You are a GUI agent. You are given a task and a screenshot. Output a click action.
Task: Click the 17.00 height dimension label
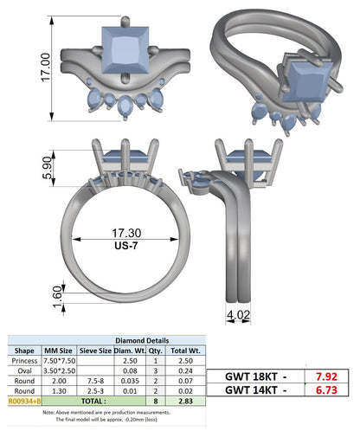click(x=46, y=68)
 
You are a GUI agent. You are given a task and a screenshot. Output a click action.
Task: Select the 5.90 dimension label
click(x=48, y=168)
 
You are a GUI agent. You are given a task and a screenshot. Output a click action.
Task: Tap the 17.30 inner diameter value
click(x=126, y=233)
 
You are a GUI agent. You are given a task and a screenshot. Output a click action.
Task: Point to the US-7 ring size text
click(x=126, y=246)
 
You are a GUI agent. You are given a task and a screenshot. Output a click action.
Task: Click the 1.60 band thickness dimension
click(x=57, y=297)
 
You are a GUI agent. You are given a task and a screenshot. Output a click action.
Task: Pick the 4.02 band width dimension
click(x=238, y=315)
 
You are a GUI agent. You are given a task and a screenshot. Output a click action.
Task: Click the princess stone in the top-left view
click(x=125, y=50)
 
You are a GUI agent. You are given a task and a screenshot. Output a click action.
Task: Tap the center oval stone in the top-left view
click(x=125, y=106)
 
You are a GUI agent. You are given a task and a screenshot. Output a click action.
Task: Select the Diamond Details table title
click(x=142, y=340)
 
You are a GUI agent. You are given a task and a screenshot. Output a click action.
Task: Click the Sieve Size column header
click(x=95, y=351)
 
